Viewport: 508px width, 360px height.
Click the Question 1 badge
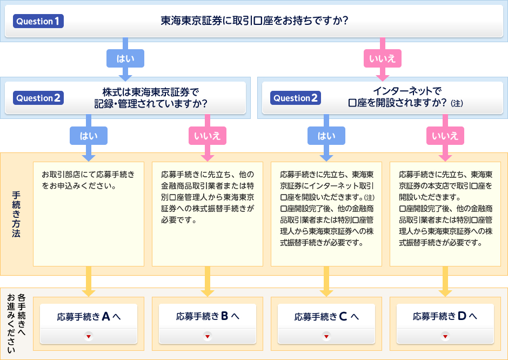38,22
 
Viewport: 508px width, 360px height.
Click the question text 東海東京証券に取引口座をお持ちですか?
254,22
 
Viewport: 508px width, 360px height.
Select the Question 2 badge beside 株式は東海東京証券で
38,98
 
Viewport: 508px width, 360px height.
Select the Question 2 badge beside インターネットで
295,98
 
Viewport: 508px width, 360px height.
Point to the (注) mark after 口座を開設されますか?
457,103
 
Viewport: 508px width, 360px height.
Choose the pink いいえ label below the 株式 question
208,136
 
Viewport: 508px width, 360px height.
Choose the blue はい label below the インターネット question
326,136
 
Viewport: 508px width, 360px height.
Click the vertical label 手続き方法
16,214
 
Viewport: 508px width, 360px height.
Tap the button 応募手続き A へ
89,317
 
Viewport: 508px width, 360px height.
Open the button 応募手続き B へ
208,317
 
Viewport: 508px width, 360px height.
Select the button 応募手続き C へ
326,317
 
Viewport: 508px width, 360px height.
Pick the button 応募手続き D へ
445,317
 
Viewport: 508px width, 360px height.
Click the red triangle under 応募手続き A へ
89,336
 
